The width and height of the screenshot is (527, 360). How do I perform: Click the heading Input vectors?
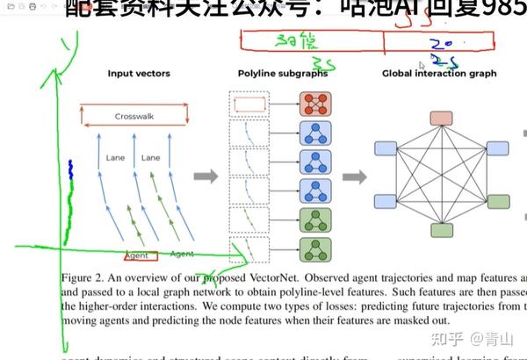pos(139,74)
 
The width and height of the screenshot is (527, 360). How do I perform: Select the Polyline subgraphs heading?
pos(283,74)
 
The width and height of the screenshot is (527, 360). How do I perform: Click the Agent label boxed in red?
pos(138,256)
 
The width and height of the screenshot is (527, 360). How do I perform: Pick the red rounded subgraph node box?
pos(314,105)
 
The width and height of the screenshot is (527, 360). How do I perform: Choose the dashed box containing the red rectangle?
pos(246,105)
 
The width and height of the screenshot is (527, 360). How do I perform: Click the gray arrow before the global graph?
pos(354,176)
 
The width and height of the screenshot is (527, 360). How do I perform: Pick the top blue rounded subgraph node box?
pos(314,133)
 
